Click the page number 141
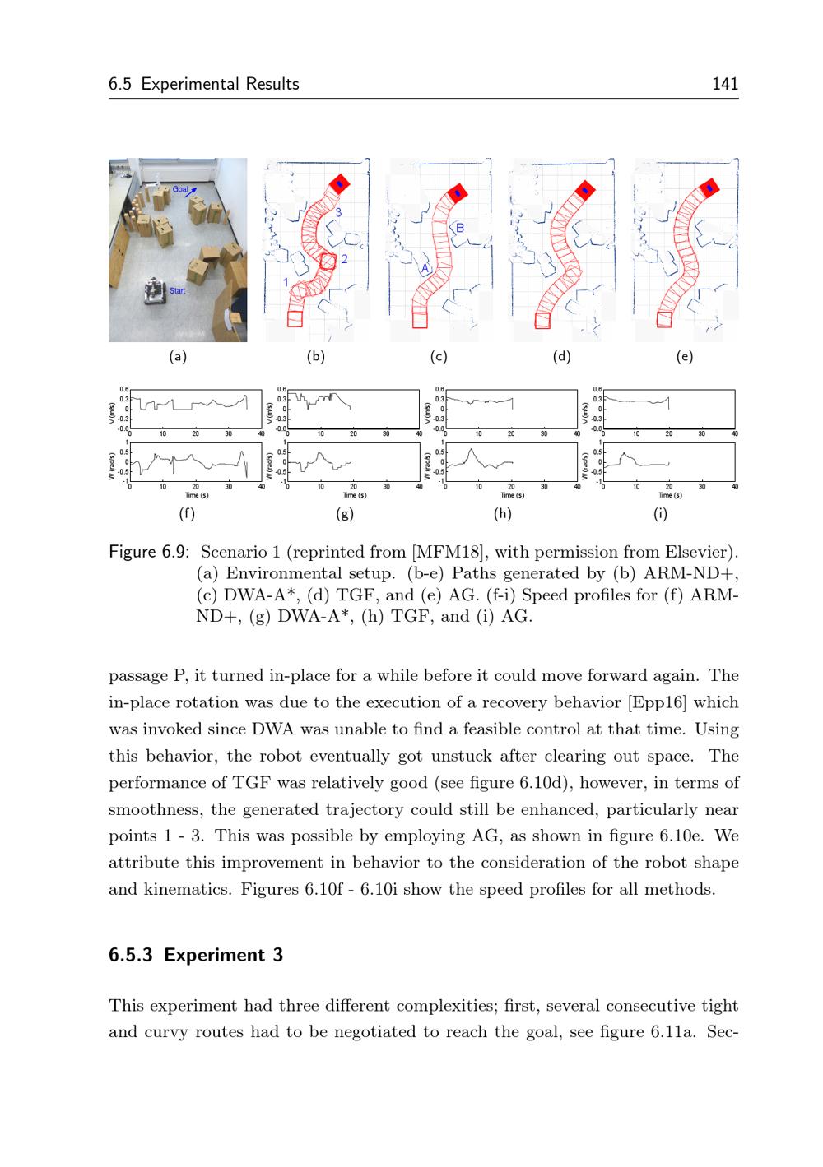coord(725,84)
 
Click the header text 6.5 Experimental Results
coord(204,84)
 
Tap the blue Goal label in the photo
coord(180,190)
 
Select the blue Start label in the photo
coord(177,291)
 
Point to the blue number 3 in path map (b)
coord(337,213)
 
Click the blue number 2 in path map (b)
coord(344,259)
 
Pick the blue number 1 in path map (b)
coord(286,282)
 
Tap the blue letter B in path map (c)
coord(460,228)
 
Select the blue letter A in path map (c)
coord(425,269)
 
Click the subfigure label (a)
coord(178,357)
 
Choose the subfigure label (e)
coord(684,357)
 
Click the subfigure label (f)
coord(188,514)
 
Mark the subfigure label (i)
coord(660,514)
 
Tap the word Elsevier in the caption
coord(701,552)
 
